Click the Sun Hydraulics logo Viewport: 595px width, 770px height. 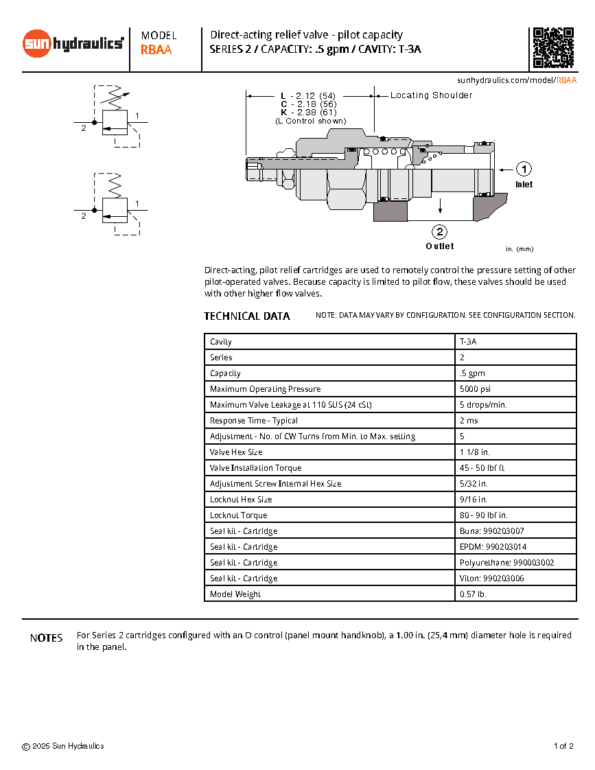coord(73,44)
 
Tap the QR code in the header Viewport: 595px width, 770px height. coord(553,48)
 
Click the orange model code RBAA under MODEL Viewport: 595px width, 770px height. coord(156,49)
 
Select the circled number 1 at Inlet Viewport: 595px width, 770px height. coord(524,169)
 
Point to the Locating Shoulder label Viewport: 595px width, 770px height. coord(431,95)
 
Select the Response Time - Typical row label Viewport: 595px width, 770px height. coord(254,421)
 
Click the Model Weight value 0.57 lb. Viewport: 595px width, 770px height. coord(473,594)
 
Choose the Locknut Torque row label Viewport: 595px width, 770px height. coord(239,515)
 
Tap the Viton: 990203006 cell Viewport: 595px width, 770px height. coord(492,579)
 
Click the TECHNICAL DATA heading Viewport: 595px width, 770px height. coord(247,316)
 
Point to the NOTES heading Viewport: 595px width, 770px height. coord(47,638)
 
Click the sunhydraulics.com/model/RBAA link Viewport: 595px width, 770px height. coord(516,80)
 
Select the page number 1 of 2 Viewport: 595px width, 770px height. coord(563,746)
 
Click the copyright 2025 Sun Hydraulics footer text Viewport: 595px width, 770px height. coord(63,746)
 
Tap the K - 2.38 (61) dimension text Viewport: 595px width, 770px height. coord(308,112)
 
